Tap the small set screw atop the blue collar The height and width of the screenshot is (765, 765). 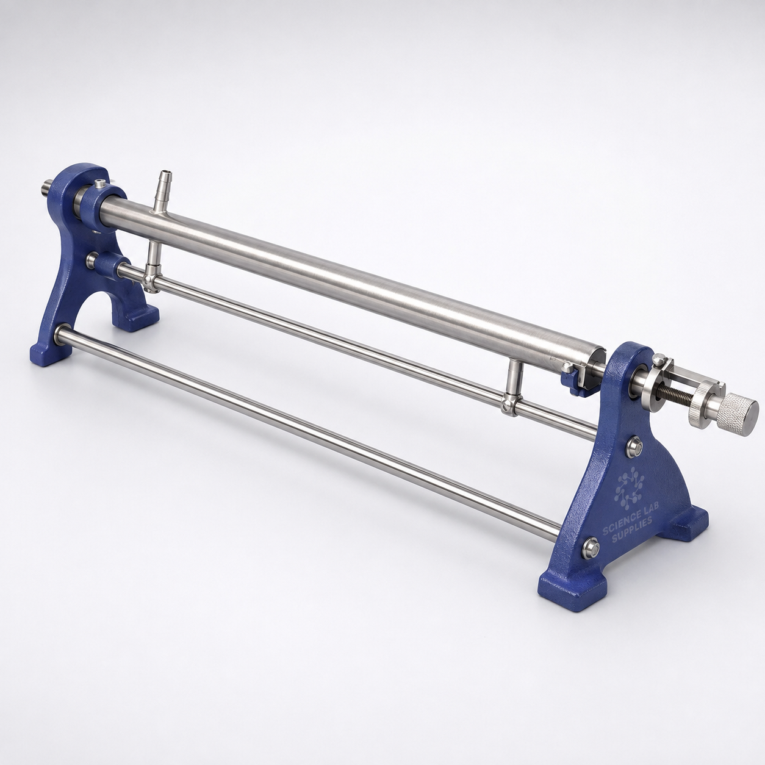tap(99, 184)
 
